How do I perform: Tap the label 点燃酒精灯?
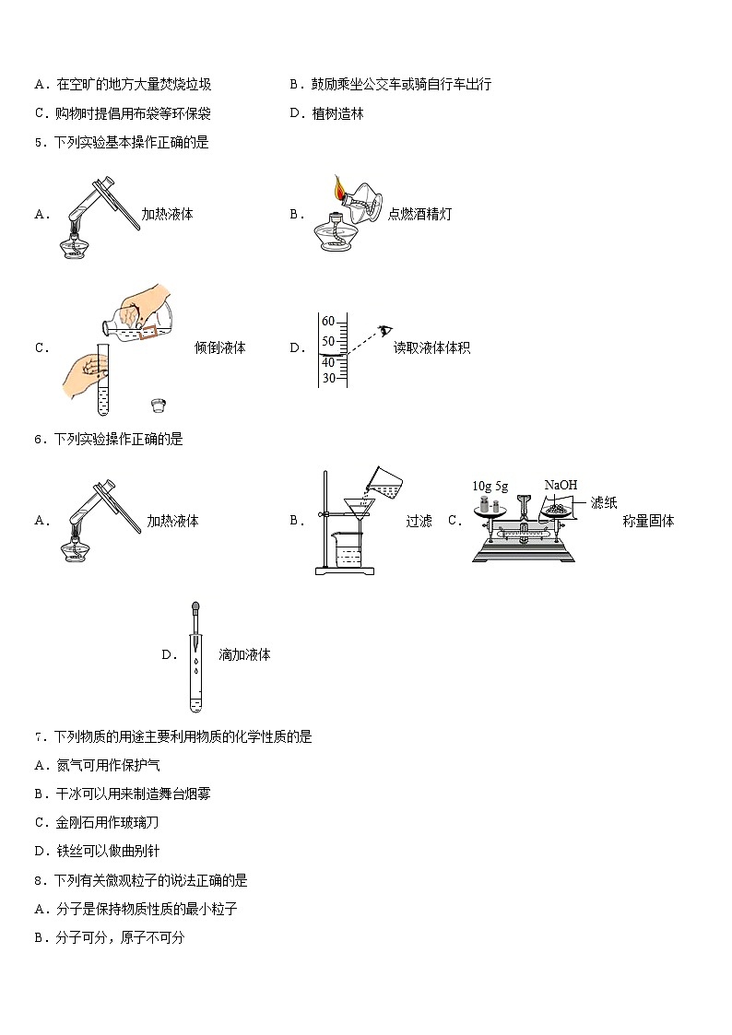pyautogui.click(x=419, y=214)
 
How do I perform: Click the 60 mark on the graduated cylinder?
pyautogui.click(x=327, y=321)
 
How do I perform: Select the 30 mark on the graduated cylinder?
pyautogui.click(x=327, y=378)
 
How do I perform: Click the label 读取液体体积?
pyautogui.click(x=431, y=347)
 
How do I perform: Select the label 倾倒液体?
pyautogui.click(x=220, y=347)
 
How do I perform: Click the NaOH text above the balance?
pyautogui.click(x=561, y=485)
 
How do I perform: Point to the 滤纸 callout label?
pyautogui.click(x=604, y=502)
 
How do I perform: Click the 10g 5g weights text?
pyautogui.click(x=490, y=486)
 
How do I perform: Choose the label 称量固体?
pyautogui.click(x=648, y=521)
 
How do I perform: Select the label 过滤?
pyautogui.click(x=419, y=521)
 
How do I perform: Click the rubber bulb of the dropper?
pyautogui.click(x=195, y=610)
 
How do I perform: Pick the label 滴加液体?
pyautogui.click(x=244, y=655)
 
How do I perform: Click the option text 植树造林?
pyautogui.click(x=338, y=113)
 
